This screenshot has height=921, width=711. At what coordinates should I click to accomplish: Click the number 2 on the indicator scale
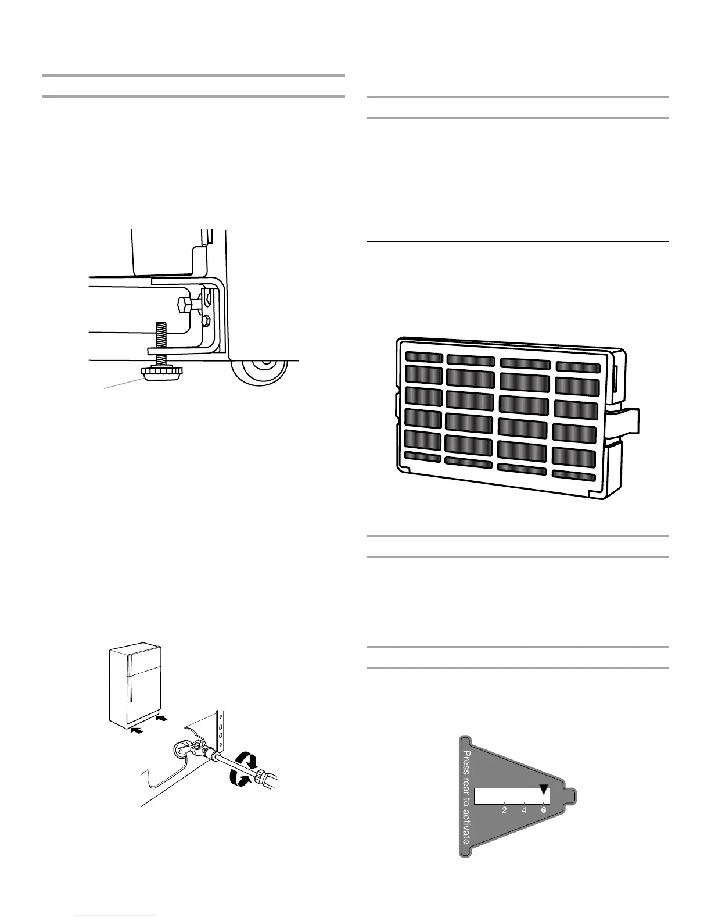(504, 810)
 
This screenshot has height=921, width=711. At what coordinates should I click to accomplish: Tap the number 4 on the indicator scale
(524, 810)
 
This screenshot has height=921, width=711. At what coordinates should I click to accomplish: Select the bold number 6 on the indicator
(544, 810)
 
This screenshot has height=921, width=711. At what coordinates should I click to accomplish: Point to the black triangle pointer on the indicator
(544, 790)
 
